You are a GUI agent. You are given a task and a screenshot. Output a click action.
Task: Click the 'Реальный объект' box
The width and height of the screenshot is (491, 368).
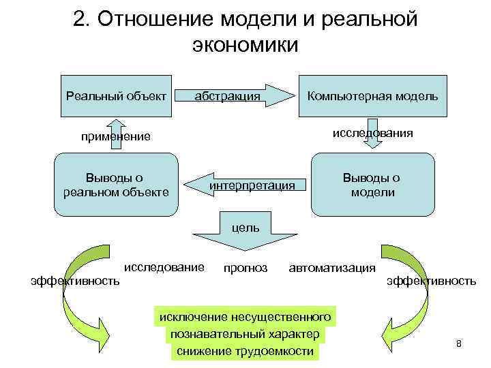click(116, 95)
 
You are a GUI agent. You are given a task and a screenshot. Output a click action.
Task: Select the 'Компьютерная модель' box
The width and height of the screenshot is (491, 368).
click(372, 95)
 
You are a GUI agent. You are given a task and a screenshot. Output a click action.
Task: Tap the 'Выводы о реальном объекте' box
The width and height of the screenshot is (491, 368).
click(116, 183)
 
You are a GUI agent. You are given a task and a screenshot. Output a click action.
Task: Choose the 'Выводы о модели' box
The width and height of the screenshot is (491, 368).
click(372, 184)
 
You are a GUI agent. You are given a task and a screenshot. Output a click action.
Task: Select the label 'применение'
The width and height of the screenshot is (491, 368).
click(115, 136)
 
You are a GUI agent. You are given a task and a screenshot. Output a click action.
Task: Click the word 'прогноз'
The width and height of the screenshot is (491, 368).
click(245, 268)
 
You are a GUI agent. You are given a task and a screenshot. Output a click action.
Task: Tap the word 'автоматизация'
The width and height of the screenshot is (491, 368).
click(332, 268)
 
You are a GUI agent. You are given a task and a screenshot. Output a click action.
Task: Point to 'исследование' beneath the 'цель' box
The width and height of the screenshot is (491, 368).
click(164, 266)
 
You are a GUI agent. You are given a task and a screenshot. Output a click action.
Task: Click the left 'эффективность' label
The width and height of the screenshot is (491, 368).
click(76, 280)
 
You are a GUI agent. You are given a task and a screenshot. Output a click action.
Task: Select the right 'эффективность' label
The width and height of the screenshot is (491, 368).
click(432, 280)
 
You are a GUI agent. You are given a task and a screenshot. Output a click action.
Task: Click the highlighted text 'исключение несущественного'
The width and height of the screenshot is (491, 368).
click(245, 317)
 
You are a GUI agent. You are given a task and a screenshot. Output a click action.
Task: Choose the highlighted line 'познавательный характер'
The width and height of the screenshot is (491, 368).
click(245, 334)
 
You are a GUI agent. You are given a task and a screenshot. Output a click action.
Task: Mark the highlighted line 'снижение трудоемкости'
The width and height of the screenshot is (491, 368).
click(245, 351)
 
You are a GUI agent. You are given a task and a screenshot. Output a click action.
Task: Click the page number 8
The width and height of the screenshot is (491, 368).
click(459, 343)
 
